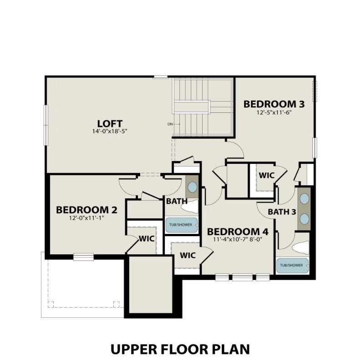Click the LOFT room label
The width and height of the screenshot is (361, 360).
[x=110, y=123]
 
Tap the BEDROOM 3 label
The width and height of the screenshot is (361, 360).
[x=274, y=104]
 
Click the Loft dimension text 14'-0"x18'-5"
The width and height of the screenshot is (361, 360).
[x=110, y=132]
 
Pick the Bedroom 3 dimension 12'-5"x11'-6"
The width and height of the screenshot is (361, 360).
[x=274, y=112]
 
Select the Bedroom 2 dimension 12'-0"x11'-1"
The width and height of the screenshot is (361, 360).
[x=86, y=218]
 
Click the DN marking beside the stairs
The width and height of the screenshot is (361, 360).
[x=170, y=124]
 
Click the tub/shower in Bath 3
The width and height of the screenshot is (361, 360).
[x=292, y=265]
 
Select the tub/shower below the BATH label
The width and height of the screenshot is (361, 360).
[x=181, y=224]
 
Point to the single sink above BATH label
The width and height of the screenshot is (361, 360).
[x=192, y=187]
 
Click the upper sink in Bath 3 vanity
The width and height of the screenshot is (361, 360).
[x=304, y=199]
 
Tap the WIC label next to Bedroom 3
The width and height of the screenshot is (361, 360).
[x=266, y=175]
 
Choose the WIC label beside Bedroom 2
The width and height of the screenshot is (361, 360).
[x=146, y=238]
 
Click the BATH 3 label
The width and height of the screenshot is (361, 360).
[x=282, y=212]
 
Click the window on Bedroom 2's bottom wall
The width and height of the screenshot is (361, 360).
[x=83, y=257]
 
